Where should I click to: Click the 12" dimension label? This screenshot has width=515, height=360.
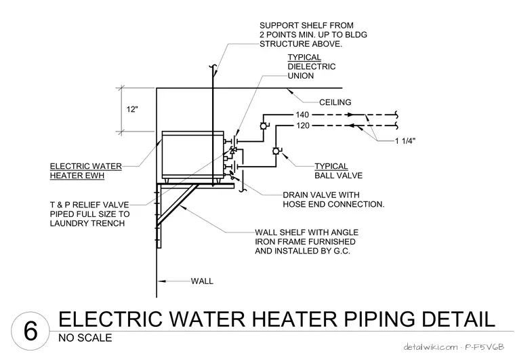click(x=132, y=109)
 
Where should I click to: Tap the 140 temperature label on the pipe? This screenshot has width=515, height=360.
click(x=302, y=115)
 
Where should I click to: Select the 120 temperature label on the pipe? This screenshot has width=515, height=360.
click(x=302, y=125)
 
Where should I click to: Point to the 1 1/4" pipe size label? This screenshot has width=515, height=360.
click(x=405, y=141)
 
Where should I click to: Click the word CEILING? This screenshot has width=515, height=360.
click(x=335, y=102)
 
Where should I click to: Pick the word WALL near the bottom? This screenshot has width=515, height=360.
click(x=202, y=281)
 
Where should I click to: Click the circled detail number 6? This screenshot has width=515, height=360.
click(x=30, y=331)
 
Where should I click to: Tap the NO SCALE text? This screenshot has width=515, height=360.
click(x=85, y=338)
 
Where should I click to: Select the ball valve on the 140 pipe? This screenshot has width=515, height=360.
click(x=264, y=126)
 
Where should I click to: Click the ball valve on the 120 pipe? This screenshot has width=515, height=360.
click(x=276, y=151)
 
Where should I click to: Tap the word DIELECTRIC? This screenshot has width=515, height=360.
click(x=312, y=66)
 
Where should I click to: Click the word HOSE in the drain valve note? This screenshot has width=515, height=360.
click(x=293, y=204)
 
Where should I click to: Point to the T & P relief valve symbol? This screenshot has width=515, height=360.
click(x=233, y=151)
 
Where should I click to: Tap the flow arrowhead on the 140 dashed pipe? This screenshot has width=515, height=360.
click(x=351, y=115)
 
